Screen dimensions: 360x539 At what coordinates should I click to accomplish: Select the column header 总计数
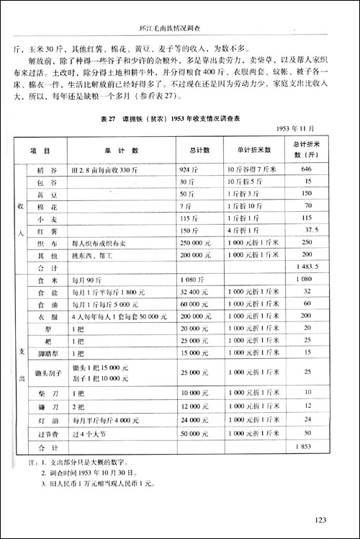(x=201, y=151)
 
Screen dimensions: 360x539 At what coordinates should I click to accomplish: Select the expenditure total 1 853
(x=306, y=447)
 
